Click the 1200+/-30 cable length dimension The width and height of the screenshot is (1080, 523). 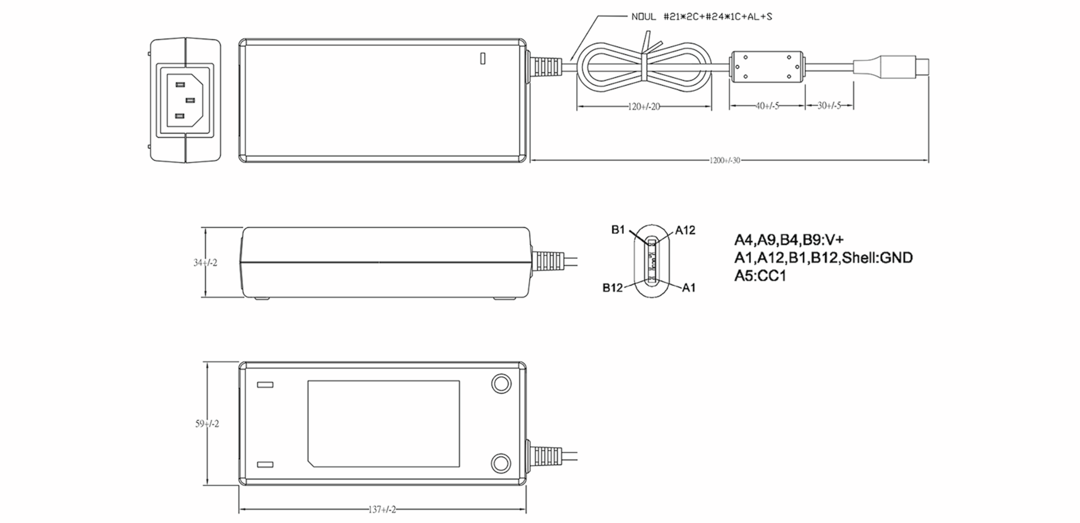tap(724, 161)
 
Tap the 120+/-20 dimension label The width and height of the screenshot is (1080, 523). tap(643, 107)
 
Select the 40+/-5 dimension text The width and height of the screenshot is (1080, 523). tap(767, 106)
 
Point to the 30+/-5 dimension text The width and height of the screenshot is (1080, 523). tap(829, 106)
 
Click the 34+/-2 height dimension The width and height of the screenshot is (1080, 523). tap(205, 263)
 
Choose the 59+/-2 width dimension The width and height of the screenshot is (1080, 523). tap(207, 424)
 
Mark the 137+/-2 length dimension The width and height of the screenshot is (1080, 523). tap(382, 510)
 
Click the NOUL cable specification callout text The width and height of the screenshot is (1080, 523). tap(702, 17)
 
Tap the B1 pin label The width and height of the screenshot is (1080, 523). tap(618, 230)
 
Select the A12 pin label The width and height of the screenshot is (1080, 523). tap(685, 230)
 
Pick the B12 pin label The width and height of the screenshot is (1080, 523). tap(612, 288)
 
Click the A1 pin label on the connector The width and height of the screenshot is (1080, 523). tap(688, 288)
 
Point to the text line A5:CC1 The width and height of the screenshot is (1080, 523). tap(760, 276)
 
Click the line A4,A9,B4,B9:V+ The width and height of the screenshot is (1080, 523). tap(788, 240)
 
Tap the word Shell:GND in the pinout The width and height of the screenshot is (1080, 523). tap(877, 258)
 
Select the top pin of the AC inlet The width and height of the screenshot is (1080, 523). tap(180, 85)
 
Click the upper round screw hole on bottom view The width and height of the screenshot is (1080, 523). tap(500, 384)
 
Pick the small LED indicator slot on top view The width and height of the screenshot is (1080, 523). tap(482, 59)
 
